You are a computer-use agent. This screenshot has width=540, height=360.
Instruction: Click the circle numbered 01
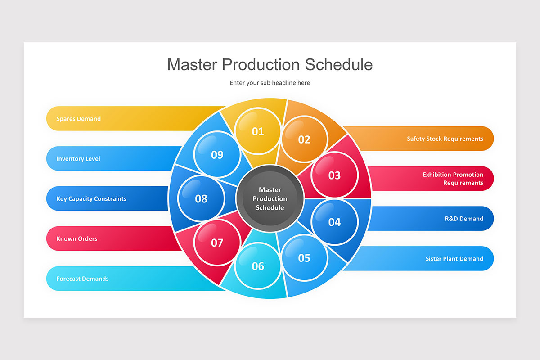[258, 131]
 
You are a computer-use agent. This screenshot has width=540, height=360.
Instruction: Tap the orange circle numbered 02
[304, 139]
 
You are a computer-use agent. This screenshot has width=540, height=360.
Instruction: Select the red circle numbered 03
[334, 175]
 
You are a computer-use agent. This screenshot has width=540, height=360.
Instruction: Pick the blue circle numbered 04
[334, 221]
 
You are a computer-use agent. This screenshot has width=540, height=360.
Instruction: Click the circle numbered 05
[304, 257]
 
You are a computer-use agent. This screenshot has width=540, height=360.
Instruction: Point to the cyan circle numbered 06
[258, 265]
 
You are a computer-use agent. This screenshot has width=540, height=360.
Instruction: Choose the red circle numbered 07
[217, 243]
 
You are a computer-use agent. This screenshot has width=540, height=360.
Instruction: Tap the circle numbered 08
[201, 198]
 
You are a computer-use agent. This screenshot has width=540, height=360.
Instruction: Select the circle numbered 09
[217, 154]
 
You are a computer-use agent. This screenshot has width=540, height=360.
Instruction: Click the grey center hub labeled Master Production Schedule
[270, 198]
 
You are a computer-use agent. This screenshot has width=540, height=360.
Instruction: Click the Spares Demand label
[79, 119]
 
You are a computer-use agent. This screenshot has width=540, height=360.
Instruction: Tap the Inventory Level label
[78, 159]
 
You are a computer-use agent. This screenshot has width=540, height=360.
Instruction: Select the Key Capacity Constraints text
[91, 198]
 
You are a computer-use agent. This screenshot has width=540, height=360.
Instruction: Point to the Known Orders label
[77, 238]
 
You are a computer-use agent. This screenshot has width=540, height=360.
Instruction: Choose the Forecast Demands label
[82, 279]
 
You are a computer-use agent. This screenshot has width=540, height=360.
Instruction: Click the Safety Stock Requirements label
[445, 139]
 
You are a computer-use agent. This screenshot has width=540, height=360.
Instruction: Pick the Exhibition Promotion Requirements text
[453, 179]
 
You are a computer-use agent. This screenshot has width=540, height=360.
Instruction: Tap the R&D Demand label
[464, 219]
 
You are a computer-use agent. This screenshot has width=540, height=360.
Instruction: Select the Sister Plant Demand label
[454, 259]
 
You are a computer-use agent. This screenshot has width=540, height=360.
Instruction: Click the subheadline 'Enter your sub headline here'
[270, 83]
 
